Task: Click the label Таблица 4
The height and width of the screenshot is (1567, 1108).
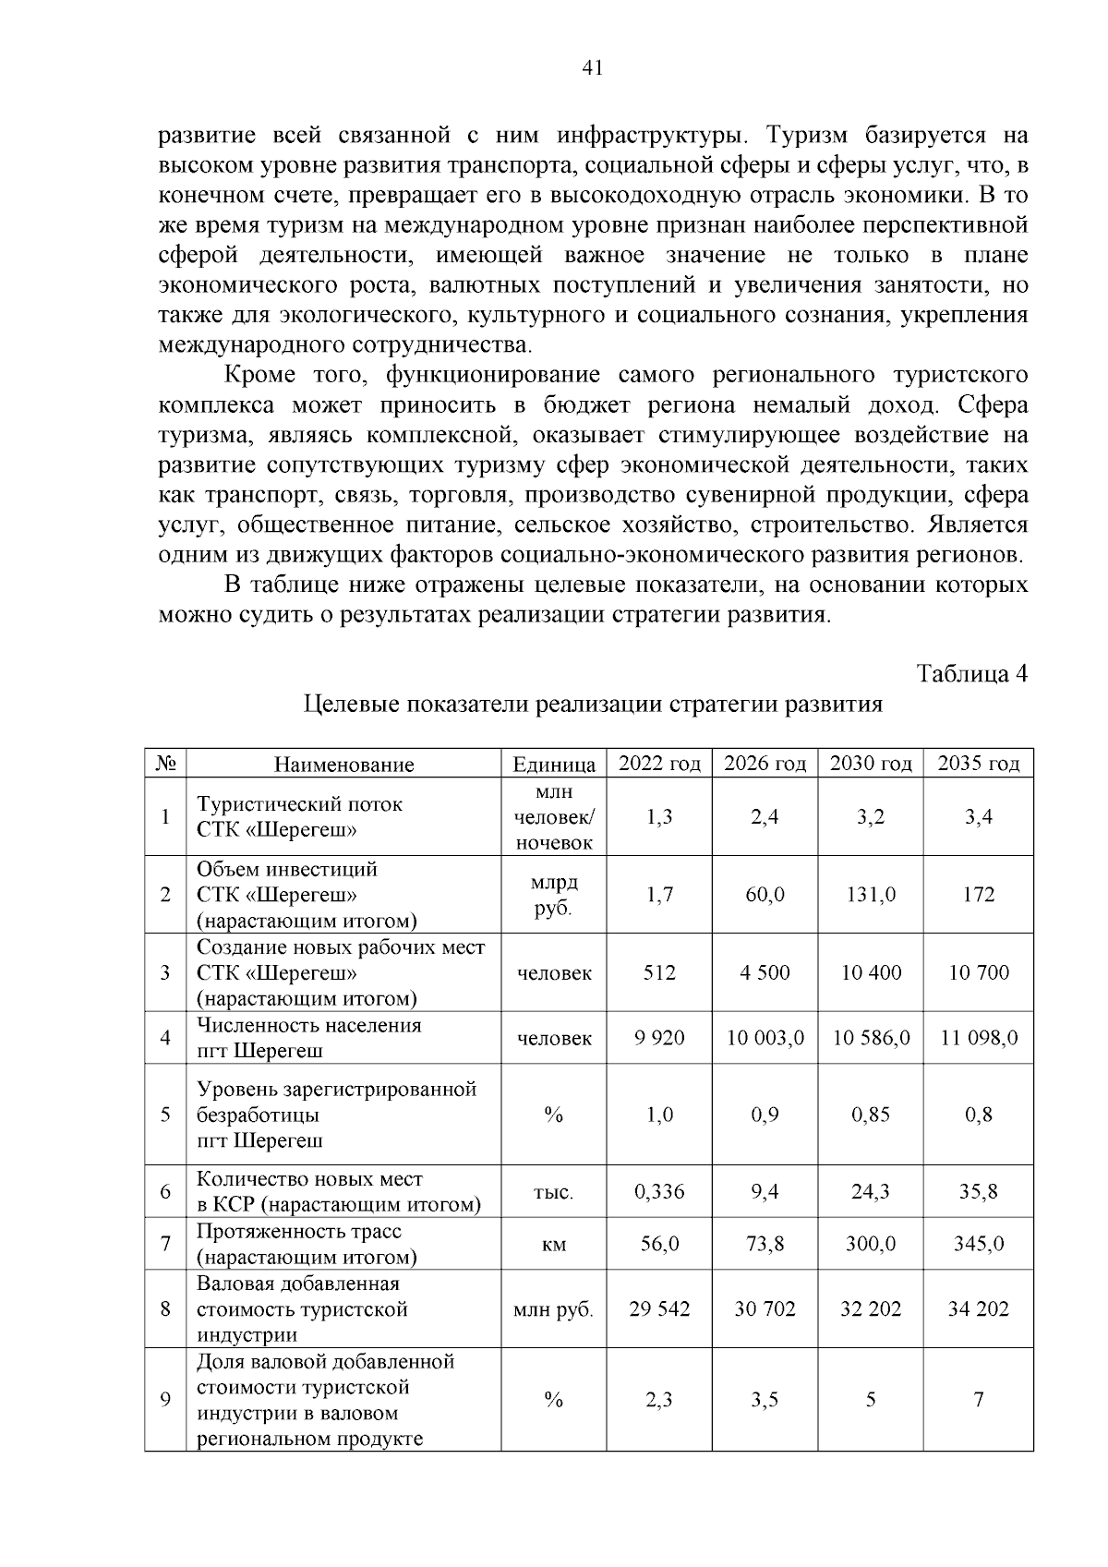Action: pos(971,673)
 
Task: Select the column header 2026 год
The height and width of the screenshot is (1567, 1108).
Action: pos(765,764)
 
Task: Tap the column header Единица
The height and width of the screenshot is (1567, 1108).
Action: pos(554,765)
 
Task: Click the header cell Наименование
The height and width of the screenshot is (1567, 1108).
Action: pos(343,765)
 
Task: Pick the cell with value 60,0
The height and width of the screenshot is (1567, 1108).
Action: pos(765,895)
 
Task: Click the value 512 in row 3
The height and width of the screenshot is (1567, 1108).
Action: pos(659,972)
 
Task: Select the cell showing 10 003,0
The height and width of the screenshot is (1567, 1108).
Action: pos(765,1038)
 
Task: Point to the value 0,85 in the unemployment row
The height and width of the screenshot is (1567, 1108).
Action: pos(871,1115)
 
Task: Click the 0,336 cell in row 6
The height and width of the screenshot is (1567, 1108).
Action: pos(659,1191)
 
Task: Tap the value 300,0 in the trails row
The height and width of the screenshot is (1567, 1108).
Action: pos(871,1244)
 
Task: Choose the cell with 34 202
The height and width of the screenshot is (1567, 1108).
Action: pos(978,1308)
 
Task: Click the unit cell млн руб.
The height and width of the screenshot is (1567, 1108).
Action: pos(553,1309)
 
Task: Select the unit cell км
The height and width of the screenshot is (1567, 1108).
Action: pos(554,1245)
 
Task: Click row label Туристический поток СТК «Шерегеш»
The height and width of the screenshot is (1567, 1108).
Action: pos(300,816)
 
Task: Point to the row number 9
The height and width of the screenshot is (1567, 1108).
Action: pos(165,1400)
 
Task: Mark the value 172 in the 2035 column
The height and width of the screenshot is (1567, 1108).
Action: pos(978,895)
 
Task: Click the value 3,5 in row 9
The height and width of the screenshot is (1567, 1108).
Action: pos(765,1400)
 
